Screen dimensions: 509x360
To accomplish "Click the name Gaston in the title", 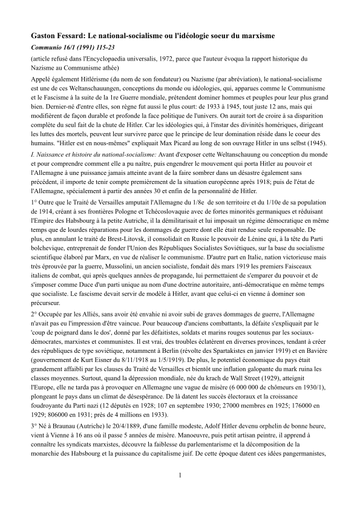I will (x=45, y=36).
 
